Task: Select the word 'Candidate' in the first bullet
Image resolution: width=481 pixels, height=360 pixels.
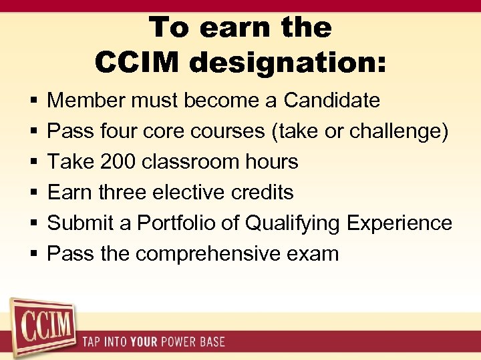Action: point(331,101)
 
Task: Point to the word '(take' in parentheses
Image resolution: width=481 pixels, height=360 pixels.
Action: point(297,131)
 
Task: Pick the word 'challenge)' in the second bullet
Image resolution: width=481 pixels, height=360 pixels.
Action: point(398,131)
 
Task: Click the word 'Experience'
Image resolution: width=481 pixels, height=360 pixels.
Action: point(399,223)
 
